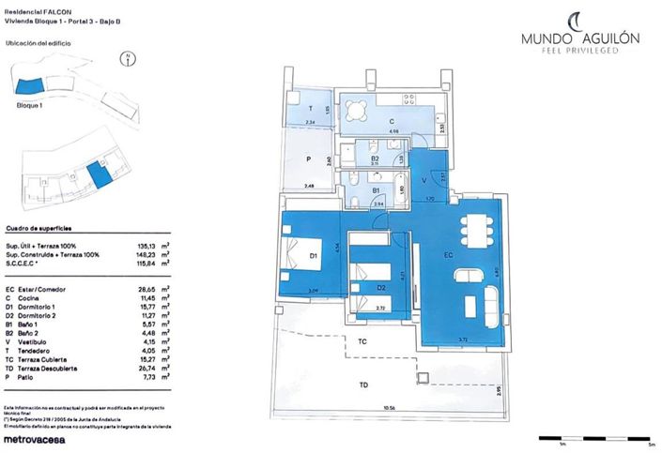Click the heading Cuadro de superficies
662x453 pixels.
pyautogui.click(x=40, y=228)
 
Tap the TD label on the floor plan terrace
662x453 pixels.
pyautogui.click(x=362, y=384)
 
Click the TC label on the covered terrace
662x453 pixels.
pyautogui.click(x=362, y=342)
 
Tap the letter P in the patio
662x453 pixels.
pyautogui.click(x=308, y=159)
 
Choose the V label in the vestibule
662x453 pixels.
pyautogui.click(x=423, y=179)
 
